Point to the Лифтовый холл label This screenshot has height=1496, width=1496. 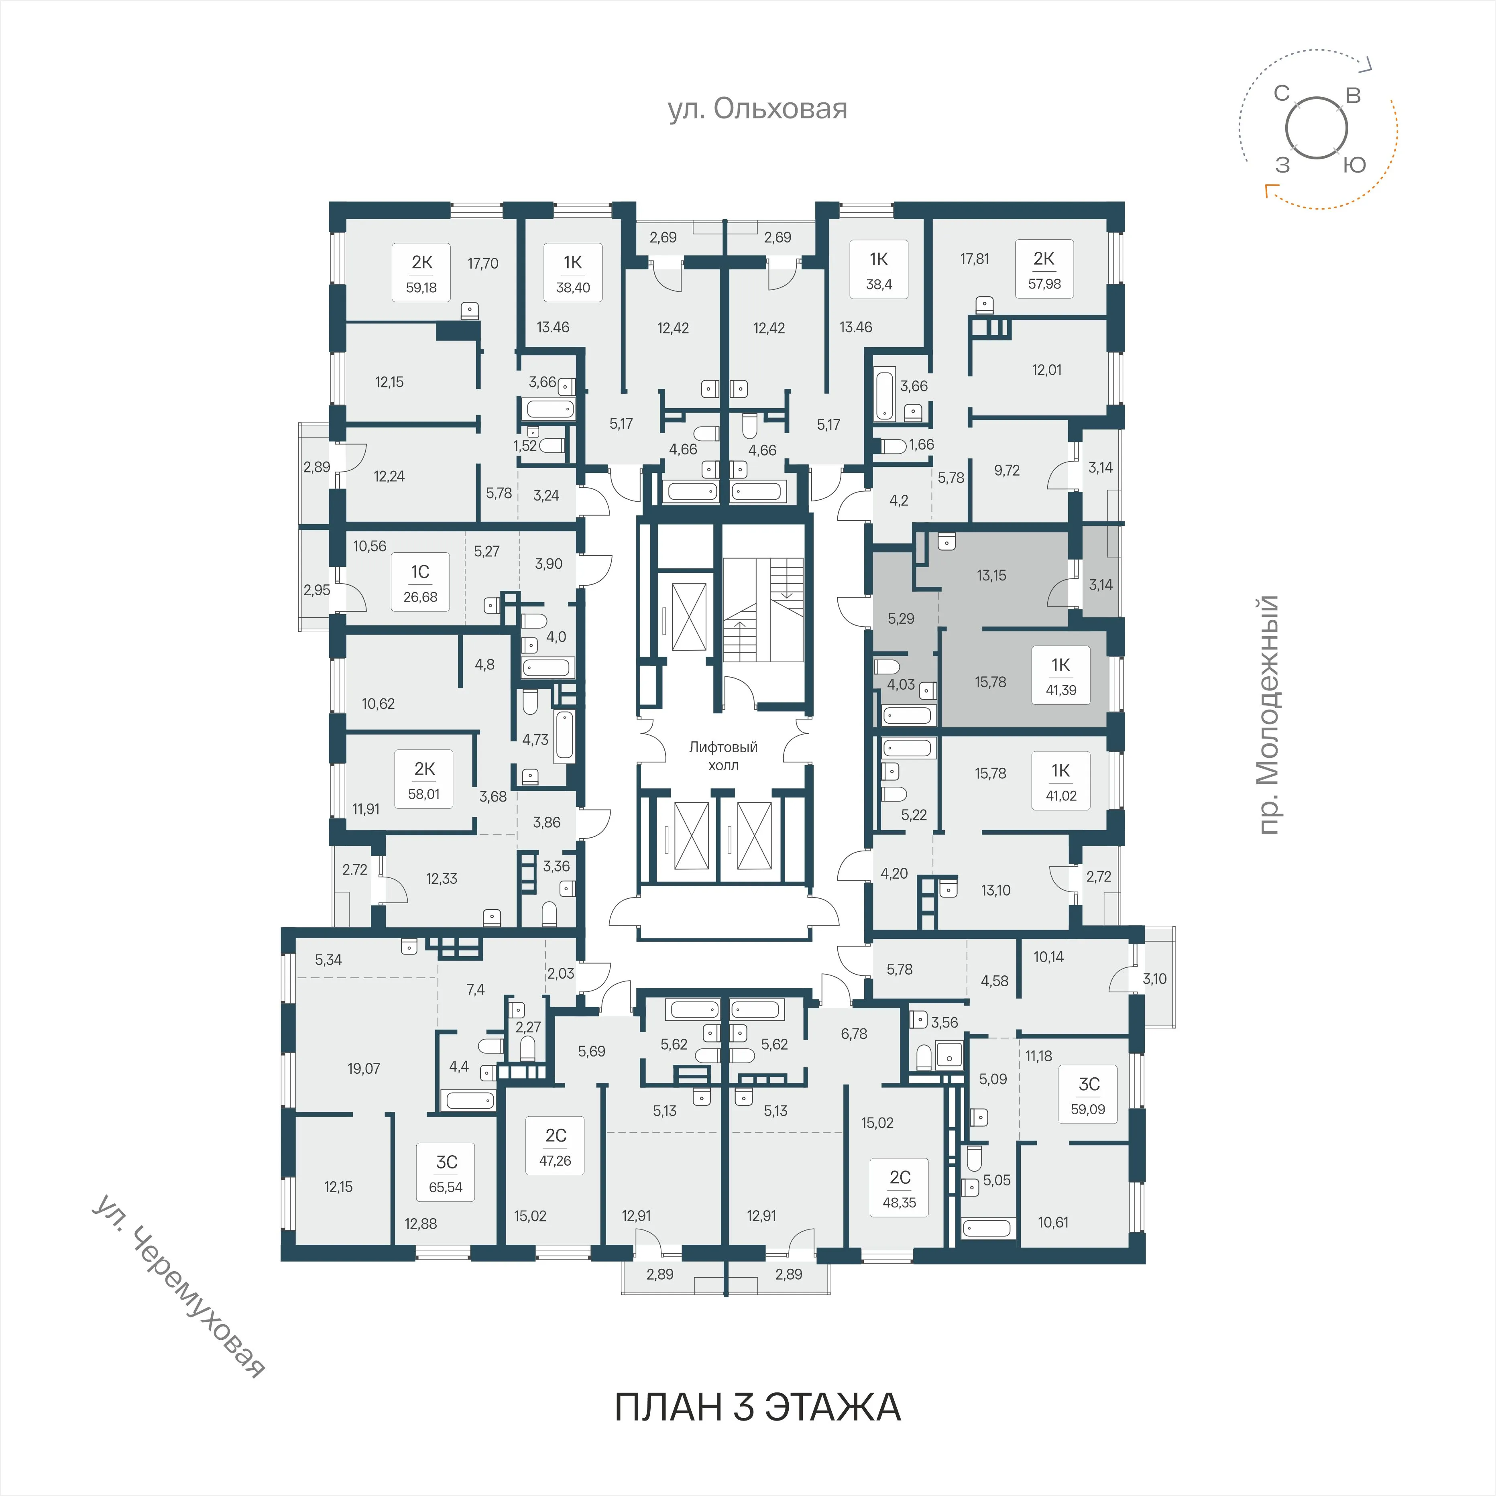(x=723, y=756)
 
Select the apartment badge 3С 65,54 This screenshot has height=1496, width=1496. (x=446, y=1173)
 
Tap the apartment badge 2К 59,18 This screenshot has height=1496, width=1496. (x=422, y=273)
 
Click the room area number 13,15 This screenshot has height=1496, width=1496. (x=991, y=575)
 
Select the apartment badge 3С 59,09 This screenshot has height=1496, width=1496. (x=1088, y=1095)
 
